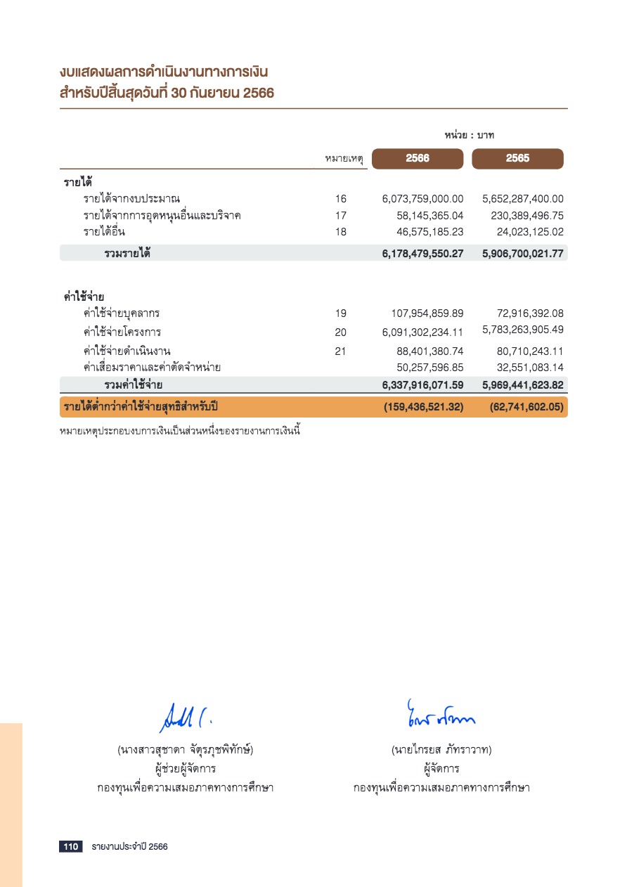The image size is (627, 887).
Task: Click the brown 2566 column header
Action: pos(418,159)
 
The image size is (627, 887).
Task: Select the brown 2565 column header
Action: pos(517,159)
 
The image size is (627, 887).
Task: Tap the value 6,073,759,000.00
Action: pos(423,199)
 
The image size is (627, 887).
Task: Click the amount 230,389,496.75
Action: pos(527,216)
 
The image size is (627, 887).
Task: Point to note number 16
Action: pos(341,199)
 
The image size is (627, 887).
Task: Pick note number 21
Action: pos(341,351)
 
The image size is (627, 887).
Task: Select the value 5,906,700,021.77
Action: pos(523,253)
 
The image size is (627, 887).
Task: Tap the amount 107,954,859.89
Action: pos(427,313)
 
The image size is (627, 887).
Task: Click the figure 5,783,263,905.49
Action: pos(523,330)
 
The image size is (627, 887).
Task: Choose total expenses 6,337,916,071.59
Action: pos(423,385)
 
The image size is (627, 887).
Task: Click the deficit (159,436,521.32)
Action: pos(424,407)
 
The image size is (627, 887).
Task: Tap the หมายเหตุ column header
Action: pos(344,160)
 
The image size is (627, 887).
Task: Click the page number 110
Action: pos(70,847)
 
